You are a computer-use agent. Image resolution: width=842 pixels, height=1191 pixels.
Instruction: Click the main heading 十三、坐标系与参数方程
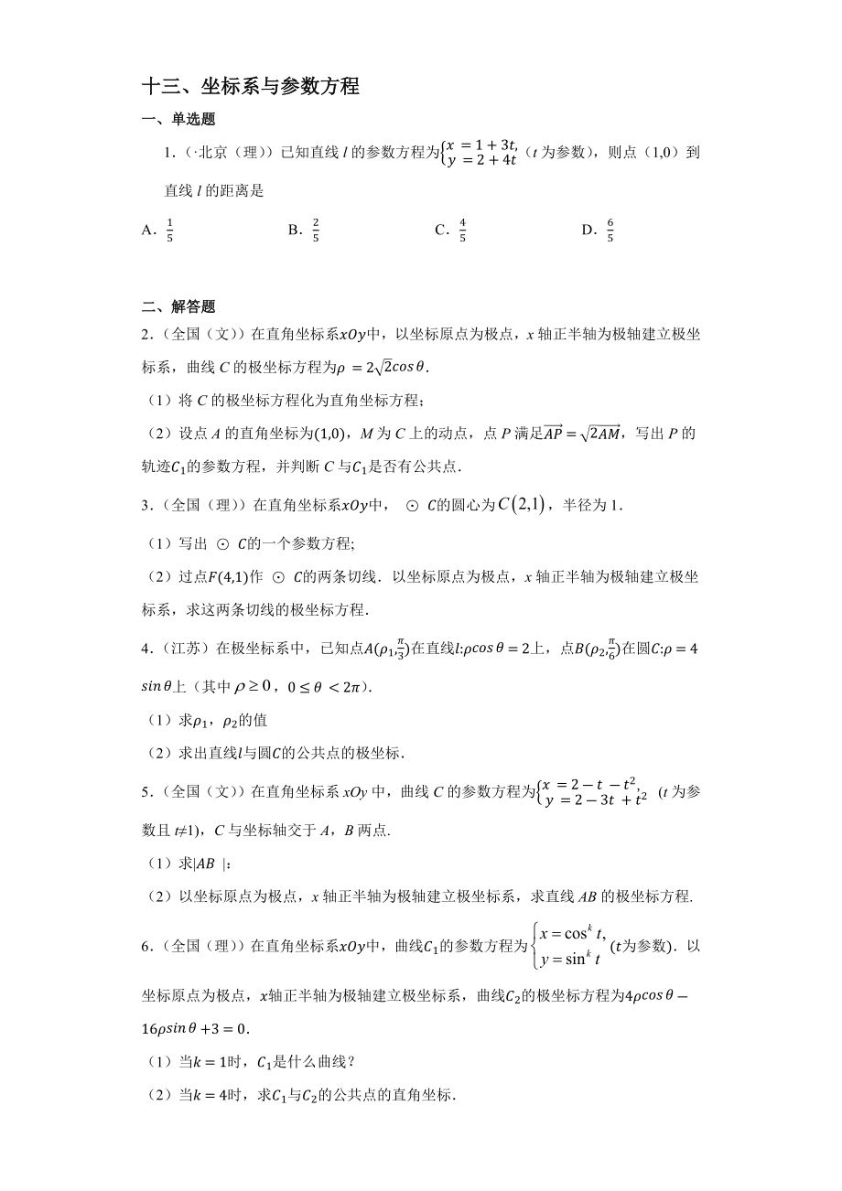coord(250,87)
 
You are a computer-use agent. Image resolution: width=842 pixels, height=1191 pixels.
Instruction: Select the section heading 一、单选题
coord(178,119)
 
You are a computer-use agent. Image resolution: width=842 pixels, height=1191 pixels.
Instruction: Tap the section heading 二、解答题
coord(178,307)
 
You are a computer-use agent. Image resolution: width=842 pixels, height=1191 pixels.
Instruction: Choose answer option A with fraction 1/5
coord(158,231)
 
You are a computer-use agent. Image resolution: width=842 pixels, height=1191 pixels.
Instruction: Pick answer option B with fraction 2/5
coord(304,231)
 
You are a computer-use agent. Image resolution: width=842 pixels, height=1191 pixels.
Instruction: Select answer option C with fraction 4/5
coord(451,231)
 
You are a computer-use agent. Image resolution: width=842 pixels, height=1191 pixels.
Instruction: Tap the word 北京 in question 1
coord(200,153)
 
